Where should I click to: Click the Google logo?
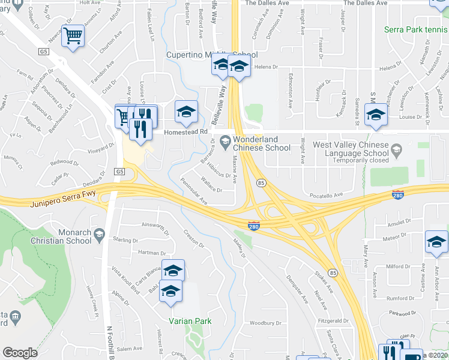[20, 353]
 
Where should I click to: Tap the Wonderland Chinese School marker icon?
[225, 142]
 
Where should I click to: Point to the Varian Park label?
[190, 321]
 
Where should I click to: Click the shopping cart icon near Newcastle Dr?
[73, 37]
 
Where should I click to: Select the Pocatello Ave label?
[325, 195]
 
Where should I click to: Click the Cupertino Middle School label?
[211, 55]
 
